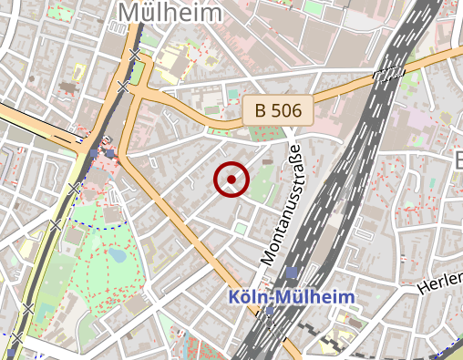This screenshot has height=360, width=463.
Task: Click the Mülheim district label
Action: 170,13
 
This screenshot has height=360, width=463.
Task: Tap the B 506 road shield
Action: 278,110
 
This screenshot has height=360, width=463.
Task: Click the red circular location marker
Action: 231,180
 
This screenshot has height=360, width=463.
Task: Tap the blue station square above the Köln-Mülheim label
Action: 290,273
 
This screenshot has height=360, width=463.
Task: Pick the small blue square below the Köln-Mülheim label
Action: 270,313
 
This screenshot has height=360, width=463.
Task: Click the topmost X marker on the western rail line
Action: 135,55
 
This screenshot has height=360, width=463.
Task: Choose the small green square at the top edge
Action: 311,6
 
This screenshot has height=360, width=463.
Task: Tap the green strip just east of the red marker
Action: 263,182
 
